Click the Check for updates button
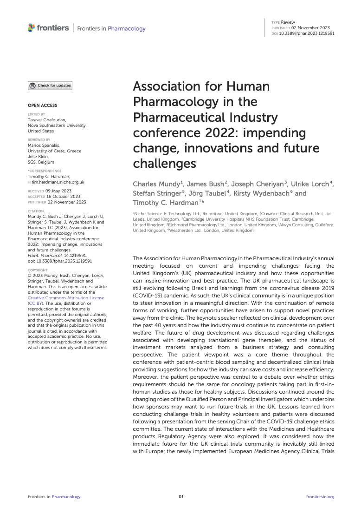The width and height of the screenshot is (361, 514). (50, 86)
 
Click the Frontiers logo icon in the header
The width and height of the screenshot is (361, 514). (31, 28)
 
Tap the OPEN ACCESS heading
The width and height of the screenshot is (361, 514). (43, 105)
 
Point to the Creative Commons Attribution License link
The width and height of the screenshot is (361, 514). (66, 297)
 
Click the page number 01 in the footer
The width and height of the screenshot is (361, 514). (181, 497)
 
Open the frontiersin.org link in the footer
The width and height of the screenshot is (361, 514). (320, 497)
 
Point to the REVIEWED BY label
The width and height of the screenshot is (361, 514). (39, 139)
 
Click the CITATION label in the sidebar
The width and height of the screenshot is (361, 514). (36, 211)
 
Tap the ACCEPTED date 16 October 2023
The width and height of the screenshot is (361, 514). (64, 196)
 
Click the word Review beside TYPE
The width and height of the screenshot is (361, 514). (288, 22)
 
